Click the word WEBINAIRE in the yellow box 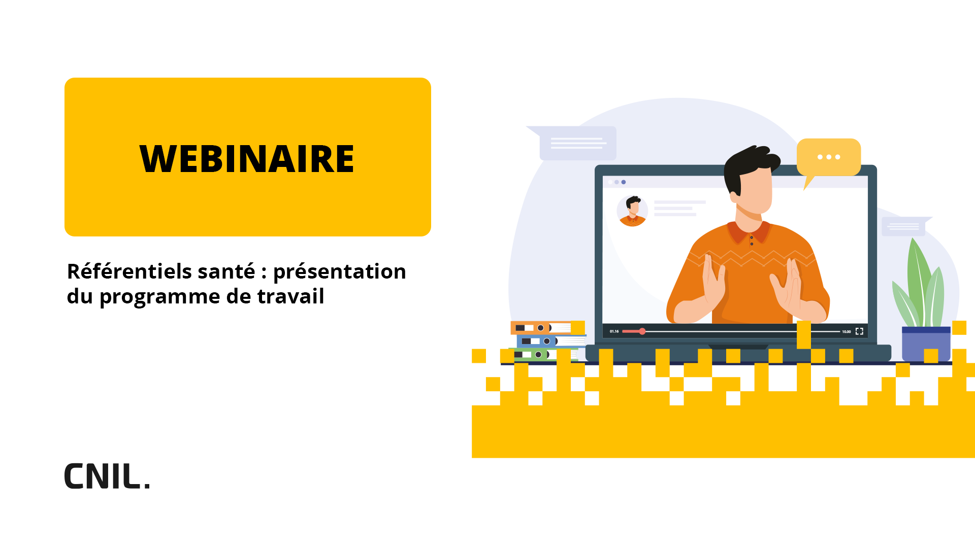coord(247,158)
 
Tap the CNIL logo coord(107,476)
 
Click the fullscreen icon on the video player coord(859,331)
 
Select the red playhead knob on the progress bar coord(642,331)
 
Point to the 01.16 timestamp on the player coord(614,331)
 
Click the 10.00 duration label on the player coord(846,331)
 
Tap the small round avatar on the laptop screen coord(632,211)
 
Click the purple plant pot coord(926,345)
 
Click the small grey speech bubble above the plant coord(906,226)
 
